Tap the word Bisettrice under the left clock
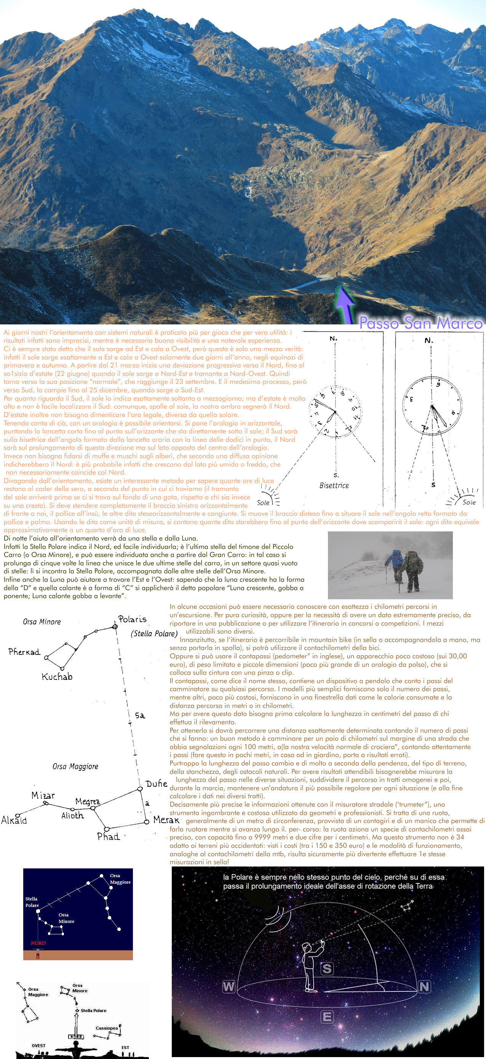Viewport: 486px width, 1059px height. (334, 486)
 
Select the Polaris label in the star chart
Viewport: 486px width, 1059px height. (132, 619)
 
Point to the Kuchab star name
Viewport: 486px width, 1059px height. (57, 677)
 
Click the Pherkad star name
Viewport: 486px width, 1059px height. (24, 651)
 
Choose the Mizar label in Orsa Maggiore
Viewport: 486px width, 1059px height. (43, 796)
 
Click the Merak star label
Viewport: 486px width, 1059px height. (166, 820)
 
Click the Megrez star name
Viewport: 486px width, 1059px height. (88, 801)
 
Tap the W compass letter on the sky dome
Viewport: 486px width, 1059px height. (229, 986)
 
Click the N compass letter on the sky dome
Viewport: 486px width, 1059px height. (424, 986)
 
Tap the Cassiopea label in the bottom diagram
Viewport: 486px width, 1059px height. (107, 1028)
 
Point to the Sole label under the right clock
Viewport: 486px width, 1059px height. (469, 502)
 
